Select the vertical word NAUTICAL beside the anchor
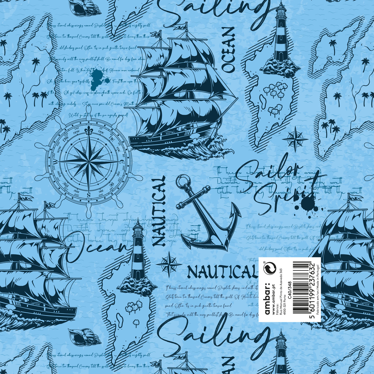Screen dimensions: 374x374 pos(159,211)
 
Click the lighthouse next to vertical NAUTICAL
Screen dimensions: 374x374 pos(138,256)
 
